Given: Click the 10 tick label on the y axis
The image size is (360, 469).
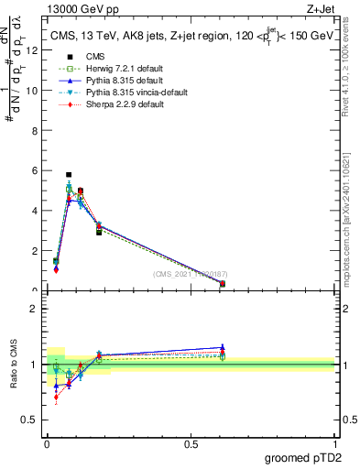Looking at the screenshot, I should [x=34, y=91].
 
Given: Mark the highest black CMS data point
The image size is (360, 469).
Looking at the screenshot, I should [x=69, y=174].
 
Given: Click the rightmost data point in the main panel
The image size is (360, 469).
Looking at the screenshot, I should [x=223, y=284].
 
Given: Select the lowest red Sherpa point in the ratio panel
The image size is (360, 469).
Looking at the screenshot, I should [x=56, y=397].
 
